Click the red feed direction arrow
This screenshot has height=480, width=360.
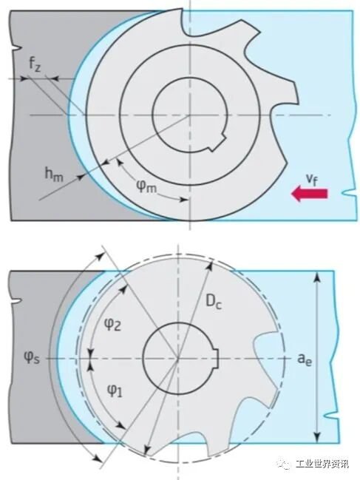click(309, 194)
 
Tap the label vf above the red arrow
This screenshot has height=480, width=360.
click(312, 180)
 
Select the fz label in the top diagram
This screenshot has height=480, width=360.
click(34, 64)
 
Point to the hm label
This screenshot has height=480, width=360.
click(54, 175)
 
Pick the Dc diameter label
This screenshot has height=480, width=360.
click(213, 302)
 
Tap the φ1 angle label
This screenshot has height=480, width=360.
click(115, 390)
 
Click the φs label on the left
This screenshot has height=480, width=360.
click(32, 357)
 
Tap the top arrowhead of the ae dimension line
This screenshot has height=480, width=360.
click(318, 277)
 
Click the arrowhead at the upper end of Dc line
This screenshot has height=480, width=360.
click(209, 265)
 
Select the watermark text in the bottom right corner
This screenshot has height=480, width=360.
click(322, 464)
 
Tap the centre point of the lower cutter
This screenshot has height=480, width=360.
click(178, 357)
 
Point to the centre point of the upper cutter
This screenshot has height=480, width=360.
click(190, 115)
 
